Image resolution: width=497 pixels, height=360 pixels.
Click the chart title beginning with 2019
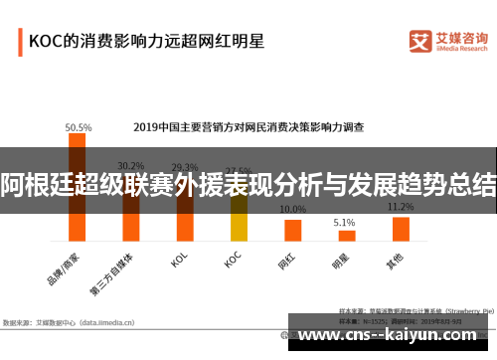pyautogui.click(x=248, y=127)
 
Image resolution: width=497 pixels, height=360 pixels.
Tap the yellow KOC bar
pyautogui.click(x=239, y=215)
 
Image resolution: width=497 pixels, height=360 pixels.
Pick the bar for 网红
pyautogui.click(x=292, y=230)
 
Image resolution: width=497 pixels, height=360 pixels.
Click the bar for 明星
pyautogui.click(x=345, y=236)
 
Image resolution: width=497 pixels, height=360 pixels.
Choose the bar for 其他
pyautogui.click(x=401, y=228)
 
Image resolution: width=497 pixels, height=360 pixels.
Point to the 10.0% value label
pyautogui.click(x=292, y=210)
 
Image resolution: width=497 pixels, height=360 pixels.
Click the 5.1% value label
pyautogui.click(x=344, y=222)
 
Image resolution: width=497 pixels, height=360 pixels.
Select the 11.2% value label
pyautogui.click(x=401, y=207)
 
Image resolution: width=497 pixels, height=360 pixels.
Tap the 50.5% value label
pyautogui.click(x=79, y=127)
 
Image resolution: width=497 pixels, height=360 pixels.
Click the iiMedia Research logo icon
pyautogui.click(x=419, y=40)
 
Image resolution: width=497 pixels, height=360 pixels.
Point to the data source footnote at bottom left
pyautogui.click(x=70, y=322)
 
